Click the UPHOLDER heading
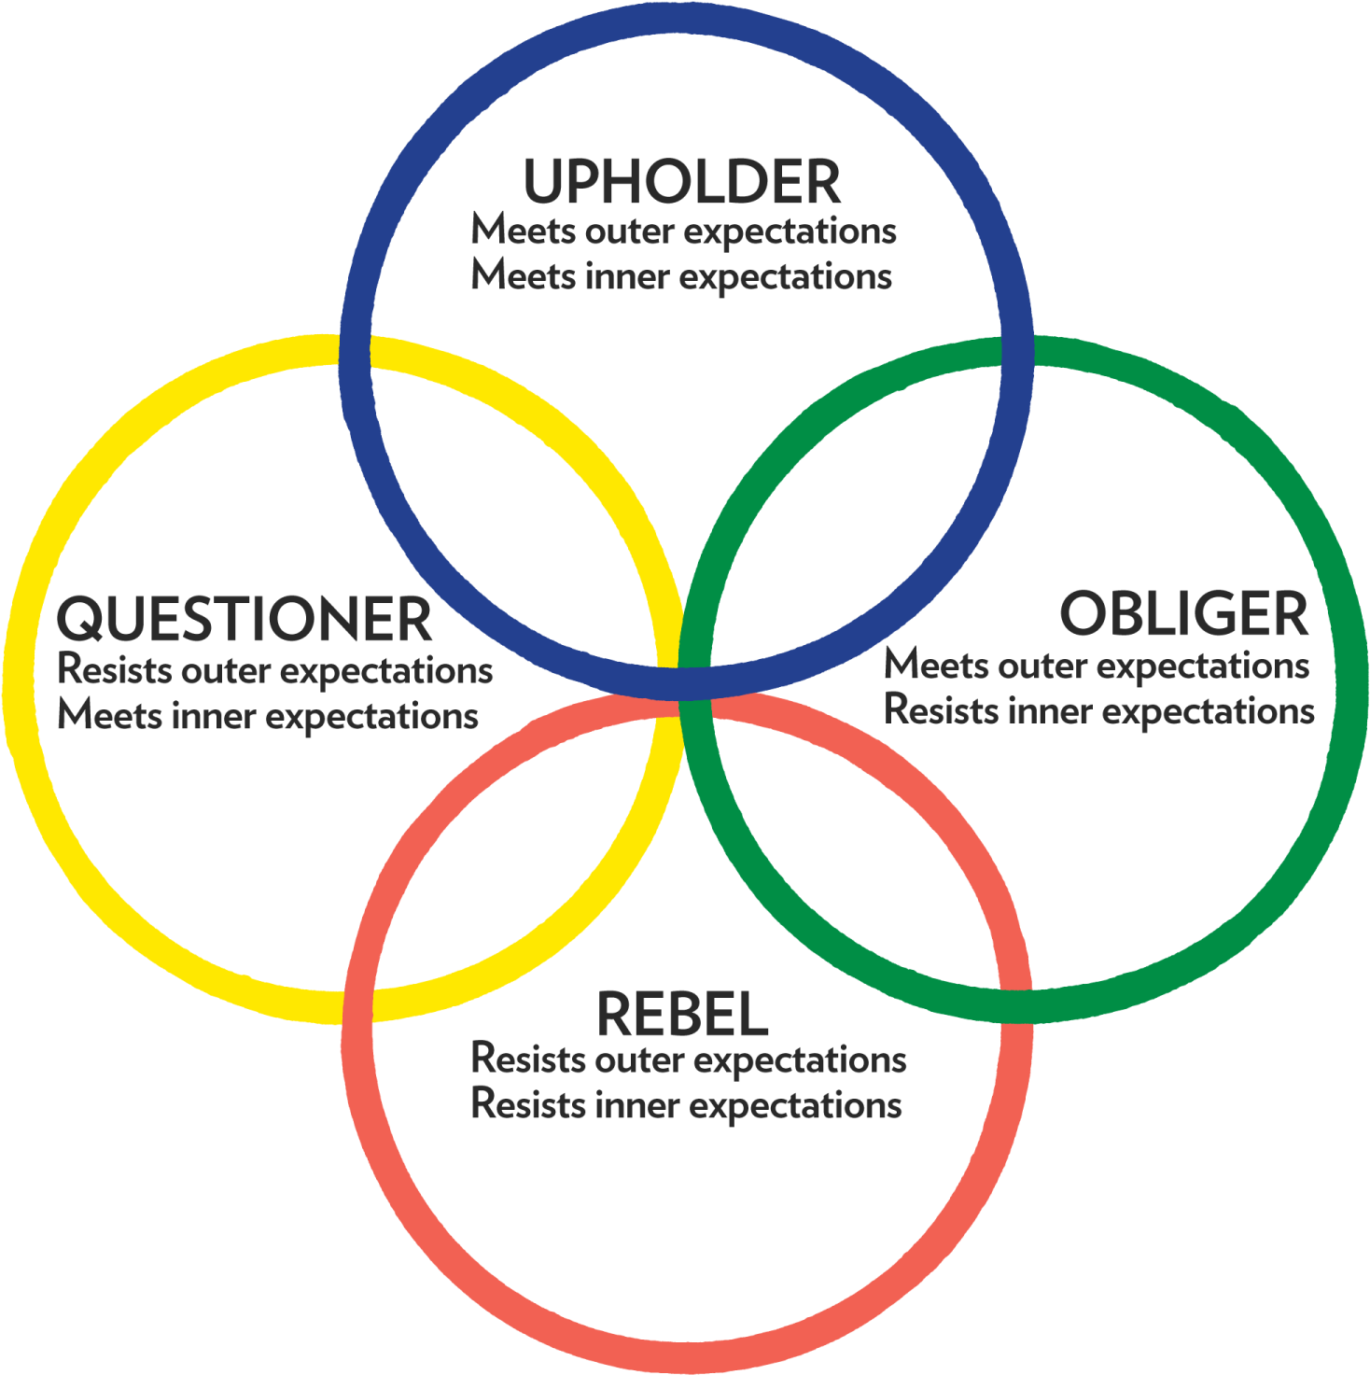[x=682, y=181]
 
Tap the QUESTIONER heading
[x=245, y=619]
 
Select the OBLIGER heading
[x=1183, y=614]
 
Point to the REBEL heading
[x=682, y=1015]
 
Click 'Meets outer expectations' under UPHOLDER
[x=683, y=231]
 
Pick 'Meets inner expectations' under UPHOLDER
[x=681, y=276]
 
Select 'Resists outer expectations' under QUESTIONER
[x=275, y=670]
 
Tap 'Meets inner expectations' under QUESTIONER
[x=268, y=716]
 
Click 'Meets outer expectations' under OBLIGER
[x=1097, y=666]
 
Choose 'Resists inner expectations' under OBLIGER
[x=1099, y=711]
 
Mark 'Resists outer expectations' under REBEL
[x=689, y=1060]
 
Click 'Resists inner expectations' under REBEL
[x=687, y=1105]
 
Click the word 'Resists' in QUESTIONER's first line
[x=115, y=669]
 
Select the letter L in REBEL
[x=753, y=1015]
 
